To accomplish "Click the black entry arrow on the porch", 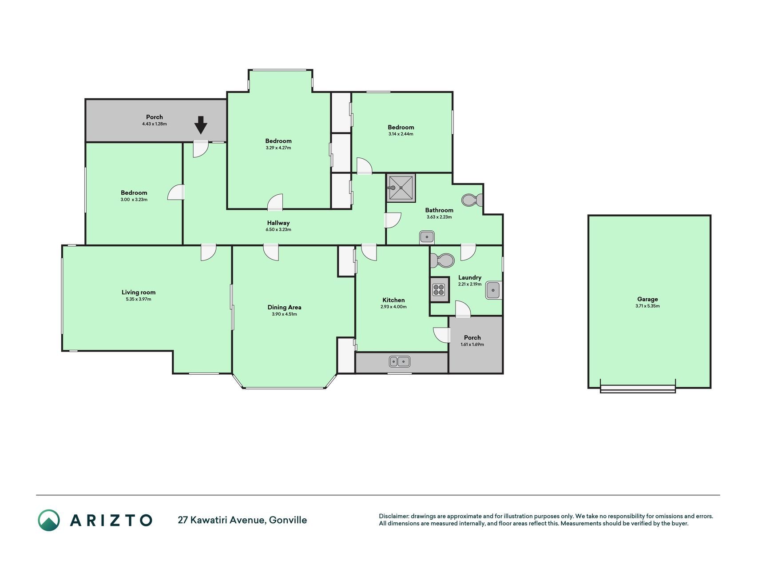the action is (201, 125).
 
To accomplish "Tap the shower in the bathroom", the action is (401, 188).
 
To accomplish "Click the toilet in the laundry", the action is (442, 260).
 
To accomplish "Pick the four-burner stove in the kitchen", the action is (439, 290).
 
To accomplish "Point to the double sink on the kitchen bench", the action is (400, 361).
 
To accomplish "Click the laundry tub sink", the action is (493, 290).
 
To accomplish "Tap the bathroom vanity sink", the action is (427, 237).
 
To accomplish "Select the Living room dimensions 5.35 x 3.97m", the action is (139, 299).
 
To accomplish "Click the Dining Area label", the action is (284, 307).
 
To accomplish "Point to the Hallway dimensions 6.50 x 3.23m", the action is (278, 230).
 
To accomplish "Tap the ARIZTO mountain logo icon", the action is (48, 520).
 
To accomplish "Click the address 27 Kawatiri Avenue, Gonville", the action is (242, 520).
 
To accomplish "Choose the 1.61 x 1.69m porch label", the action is (472, 345).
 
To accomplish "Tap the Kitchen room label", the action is (393, 300).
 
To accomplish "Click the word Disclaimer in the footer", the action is (393, 516).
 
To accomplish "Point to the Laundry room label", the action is (470, 277).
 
